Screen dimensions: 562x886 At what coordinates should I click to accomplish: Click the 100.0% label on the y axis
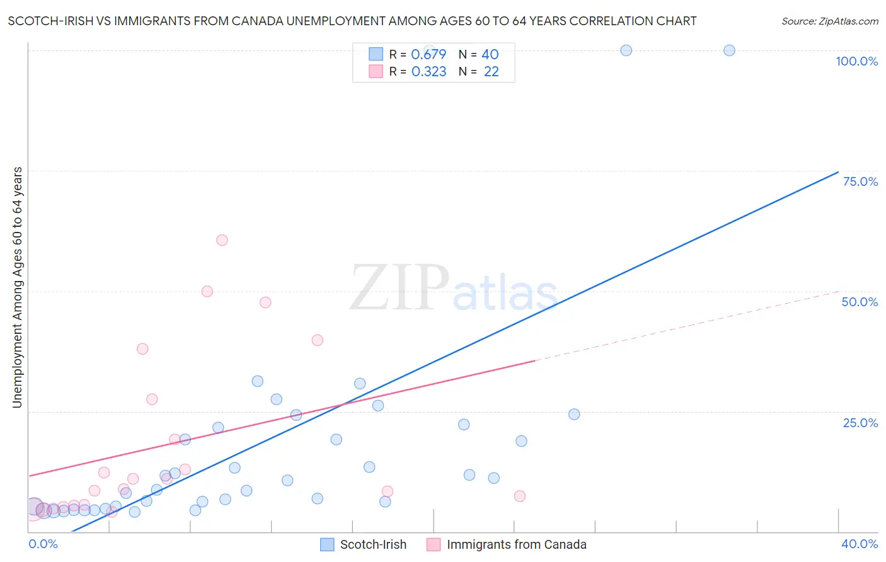(856, 61)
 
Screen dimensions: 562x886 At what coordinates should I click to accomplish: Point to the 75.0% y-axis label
(860, 181)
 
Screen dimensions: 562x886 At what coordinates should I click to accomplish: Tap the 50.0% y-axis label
(860, 302)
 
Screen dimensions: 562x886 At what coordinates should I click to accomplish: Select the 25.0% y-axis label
(860, 422)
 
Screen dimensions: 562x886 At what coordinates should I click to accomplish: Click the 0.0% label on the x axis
(43, 544)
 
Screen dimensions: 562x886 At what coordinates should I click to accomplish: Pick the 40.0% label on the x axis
(859, 544)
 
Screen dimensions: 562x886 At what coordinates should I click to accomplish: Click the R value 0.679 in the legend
(429, 55)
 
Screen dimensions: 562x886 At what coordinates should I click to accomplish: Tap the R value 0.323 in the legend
(429, 72)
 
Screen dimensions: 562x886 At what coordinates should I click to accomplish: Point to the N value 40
(490, 55)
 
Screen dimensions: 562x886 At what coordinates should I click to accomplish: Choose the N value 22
(491, 72)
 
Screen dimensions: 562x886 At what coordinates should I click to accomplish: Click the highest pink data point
(222, 240)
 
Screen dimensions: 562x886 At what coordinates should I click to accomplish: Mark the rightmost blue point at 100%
(729, 50)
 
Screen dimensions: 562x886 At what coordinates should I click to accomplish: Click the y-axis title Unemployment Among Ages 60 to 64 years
(17, 287)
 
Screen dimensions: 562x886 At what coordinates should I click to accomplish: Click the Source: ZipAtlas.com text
(829, 21)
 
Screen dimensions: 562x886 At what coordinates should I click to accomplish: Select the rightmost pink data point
(520, 496)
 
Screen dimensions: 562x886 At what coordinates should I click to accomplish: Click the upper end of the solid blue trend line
(838, 172)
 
